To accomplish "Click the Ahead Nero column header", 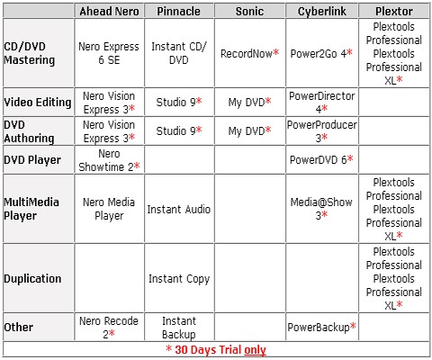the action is (109, 12).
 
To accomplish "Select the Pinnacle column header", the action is (179, 12).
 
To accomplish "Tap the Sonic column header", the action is (249, 12).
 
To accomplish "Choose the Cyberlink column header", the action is (322, 12).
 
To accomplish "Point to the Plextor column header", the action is (394, 12).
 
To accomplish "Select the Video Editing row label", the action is (38, 103).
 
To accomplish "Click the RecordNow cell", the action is (249, 53).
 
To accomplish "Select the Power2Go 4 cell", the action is (321, 53).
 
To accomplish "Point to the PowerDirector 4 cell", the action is (322, 103).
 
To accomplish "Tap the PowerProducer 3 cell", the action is (322, 131).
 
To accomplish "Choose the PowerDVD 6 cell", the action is (321, 159).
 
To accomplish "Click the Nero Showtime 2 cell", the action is (109, 160).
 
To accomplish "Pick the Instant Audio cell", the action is (179, 209).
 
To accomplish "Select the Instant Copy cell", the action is (179, 279).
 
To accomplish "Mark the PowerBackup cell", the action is (322, 327).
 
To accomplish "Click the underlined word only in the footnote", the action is (255, 350).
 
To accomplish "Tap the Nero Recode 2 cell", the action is (109, 328).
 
